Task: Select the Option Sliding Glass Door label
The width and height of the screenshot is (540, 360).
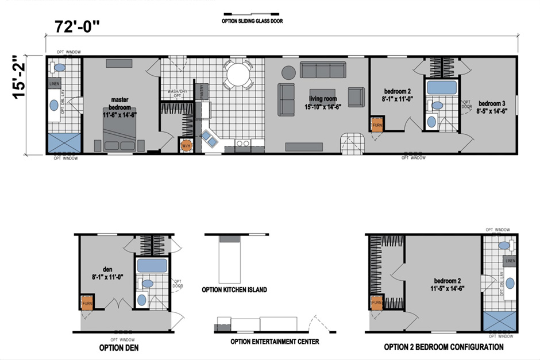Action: tap(252, 22)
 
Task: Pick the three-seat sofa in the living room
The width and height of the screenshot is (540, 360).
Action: tap(322, 70)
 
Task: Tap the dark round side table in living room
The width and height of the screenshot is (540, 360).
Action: tap(288, 72)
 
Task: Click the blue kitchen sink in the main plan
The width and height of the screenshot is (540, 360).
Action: tap(208, 138)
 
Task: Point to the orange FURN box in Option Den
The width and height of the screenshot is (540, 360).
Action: tap(87, 303)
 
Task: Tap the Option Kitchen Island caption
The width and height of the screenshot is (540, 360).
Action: tap(234, 290)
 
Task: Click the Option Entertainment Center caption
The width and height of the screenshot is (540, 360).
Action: tap(274, 341)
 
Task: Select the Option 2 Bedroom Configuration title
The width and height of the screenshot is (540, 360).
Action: tap(443, 347)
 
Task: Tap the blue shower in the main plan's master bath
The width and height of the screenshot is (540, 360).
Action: tap(64, 143)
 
